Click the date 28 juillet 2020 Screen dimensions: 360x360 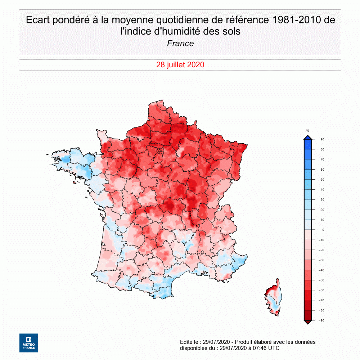[x=180, y=65]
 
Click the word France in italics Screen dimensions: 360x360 [x=180, y=44]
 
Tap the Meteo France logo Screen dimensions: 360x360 [x=29, y=343]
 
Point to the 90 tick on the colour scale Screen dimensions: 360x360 [x=322, y=139]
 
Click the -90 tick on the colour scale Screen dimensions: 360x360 [x=322, y=320]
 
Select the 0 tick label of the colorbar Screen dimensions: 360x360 [x=323, y=230]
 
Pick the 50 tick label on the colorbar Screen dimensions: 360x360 [x=322, y=179]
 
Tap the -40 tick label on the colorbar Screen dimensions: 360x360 [x=322, y=270]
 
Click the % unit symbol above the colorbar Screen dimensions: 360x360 [x=308, y=131]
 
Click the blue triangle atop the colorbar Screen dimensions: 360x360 [x=308, y=137]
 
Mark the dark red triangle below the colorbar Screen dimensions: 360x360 [x=308, y=322]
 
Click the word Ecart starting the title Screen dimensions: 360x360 [x=38, y=20]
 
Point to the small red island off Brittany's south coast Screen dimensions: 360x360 [x=74, y=183]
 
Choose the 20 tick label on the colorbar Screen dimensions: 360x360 [x=322, y=210]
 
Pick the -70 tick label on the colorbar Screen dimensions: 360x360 [x=322, y=300]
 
